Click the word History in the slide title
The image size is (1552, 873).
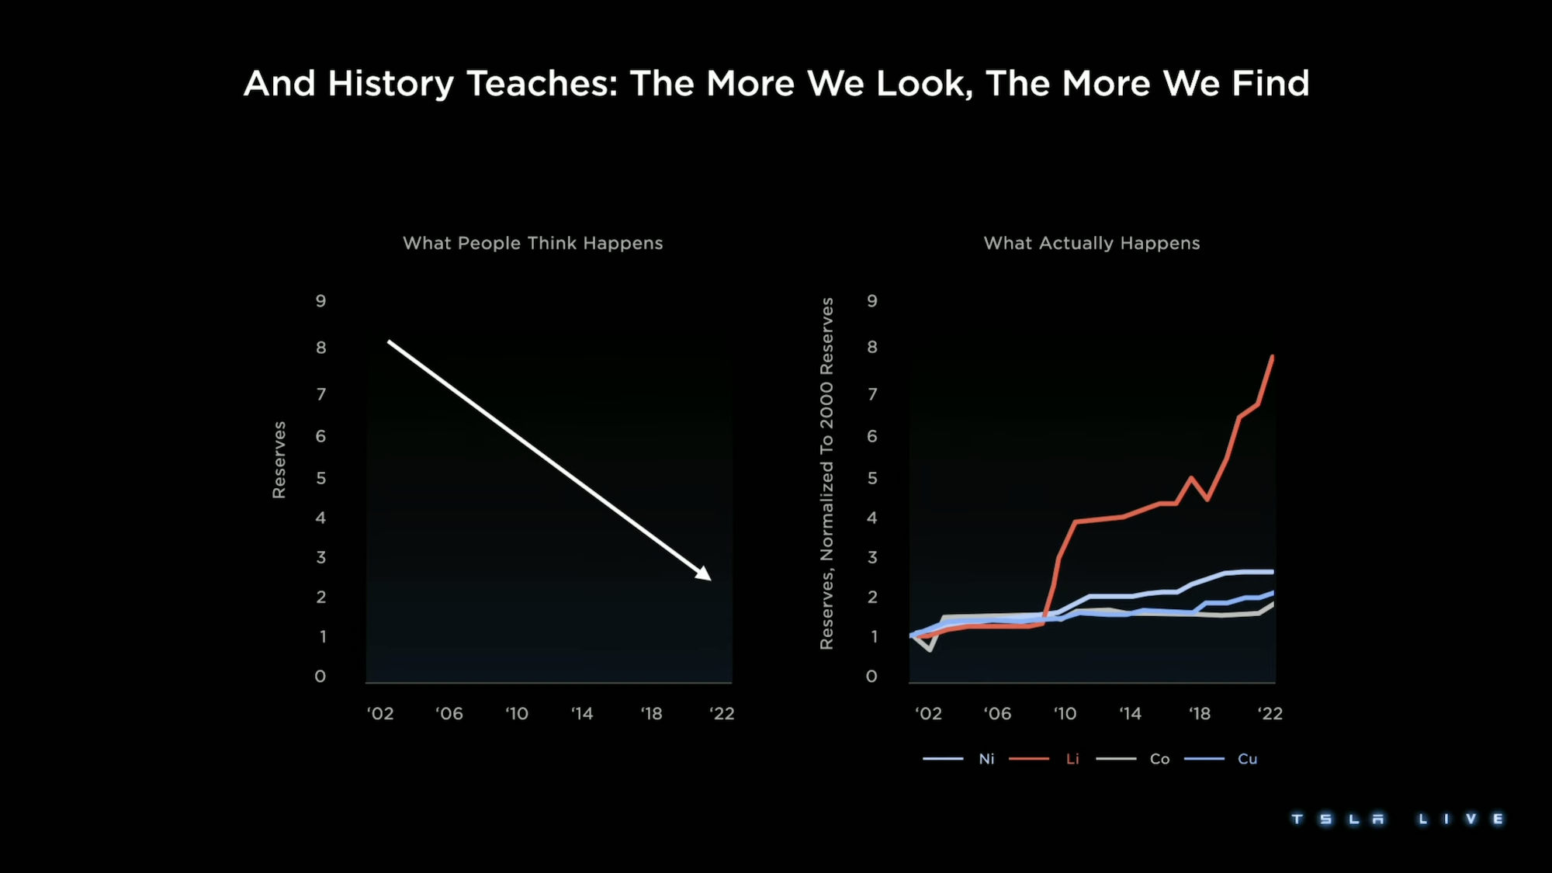[x=390, y=84]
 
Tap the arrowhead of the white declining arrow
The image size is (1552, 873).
[x=705, y=575]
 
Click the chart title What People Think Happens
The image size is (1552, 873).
[x=533, y=243]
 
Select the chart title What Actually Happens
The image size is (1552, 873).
[x=1092, y=243]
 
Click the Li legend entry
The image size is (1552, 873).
[x=1072, y=759]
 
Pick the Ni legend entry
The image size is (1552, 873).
[x=986, y=759]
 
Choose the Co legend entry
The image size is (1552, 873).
[x=1159, y=759]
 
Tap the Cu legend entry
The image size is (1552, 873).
[x=1247, y=759]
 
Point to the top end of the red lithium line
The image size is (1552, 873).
[x=1273, y=356]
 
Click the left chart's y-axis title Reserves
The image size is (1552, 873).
[x=279, y=459]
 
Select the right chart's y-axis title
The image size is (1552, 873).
[x=826, y=473]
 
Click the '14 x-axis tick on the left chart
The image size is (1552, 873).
[x=582, y=713]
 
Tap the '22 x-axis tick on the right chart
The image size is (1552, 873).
[x=1270, y=713]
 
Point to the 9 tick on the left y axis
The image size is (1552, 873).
[x=320, y=301]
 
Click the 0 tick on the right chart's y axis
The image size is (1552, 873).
[x=871, y=677]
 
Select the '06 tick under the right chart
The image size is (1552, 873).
[x=997, y=713]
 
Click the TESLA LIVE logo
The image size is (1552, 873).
[x=1397, y=819]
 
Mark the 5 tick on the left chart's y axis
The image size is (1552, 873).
[x=320, y=478]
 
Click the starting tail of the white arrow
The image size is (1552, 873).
[x=390, y=341]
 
